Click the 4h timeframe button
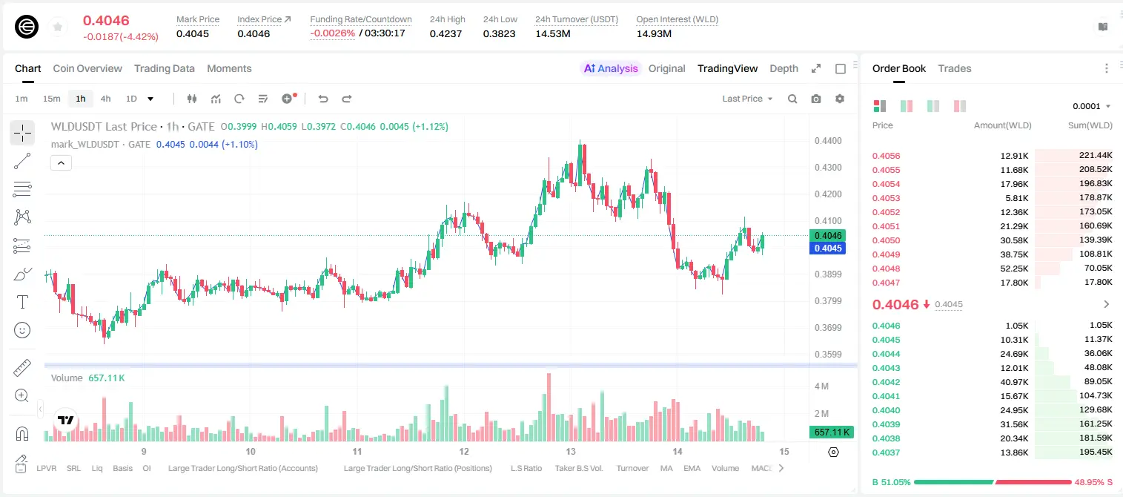click(105, 99)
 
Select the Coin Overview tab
click(87, 68)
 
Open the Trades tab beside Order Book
click(955, 68)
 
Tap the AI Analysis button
click(611, 68)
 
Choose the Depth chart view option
click(784, 68)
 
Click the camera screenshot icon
click(816, 99)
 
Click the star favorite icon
click(58, 27)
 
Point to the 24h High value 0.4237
click(445, 33)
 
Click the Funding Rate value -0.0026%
click(332, 33)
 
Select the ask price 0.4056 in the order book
click(886, 156)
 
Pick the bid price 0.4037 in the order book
click(886, 452)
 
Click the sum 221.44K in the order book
click(1096, 156)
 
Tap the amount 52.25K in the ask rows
click(1014, 269)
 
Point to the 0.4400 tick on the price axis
click(828, 141)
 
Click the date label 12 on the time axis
click(464, 451)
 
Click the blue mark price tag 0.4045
click(828, 249)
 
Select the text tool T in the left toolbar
click(22, 302)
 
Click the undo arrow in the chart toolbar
click(323, 99)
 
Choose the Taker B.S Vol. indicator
click(578, 468)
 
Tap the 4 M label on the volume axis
click(821, 386)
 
